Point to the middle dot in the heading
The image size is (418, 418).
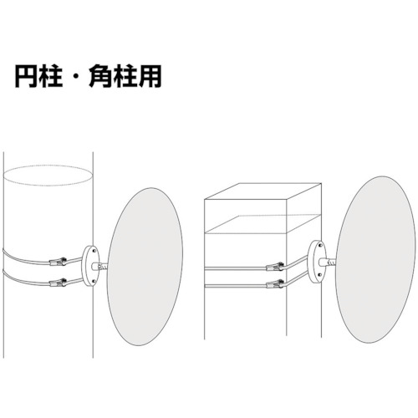tap(76, 77)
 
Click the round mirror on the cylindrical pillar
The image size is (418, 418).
tap(145, 267)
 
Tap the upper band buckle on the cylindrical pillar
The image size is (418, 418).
tap(58, 262)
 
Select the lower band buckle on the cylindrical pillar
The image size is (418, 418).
tap(58, 283)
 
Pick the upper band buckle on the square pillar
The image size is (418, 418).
tap(275, 267)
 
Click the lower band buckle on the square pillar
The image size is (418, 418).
tap(275, 284)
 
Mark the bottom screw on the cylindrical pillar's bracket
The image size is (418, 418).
tap(94, 281)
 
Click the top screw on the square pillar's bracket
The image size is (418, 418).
tap(321, 246)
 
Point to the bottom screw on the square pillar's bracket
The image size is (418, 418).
tap(321, 276)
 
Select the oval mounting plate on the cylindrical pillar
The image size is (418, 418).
tap(91, 266)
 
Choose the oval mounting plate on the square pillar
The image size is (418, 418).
tap(317, 262)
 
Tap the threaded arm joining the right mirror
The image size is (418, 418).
tap(328, 263)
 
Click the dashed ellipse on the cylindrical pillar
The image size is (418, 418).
tap(48, 166)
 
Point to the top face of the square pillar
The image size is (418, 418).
tap(263, 191)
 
